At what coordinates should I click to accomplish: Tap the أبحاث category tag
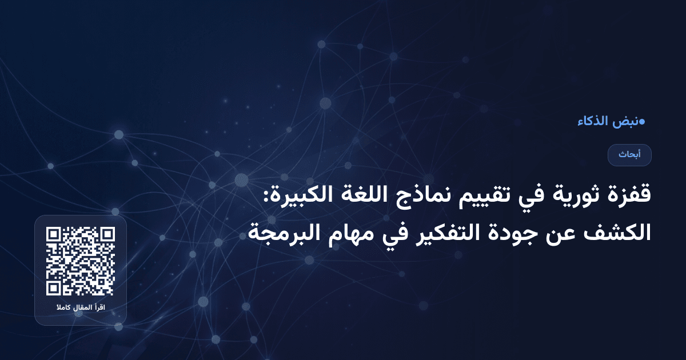pyautogui.click(x=629, y=155)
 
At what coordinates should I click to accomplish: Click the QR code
pyautogui.click(x=81, y=261)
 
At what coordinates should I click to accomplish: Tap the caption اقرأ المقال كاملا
pyautogui.click(x=81, y=309)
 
